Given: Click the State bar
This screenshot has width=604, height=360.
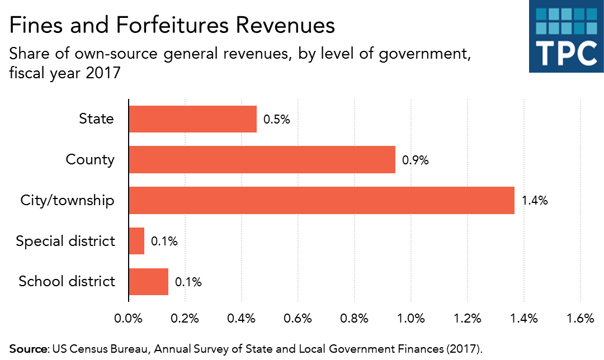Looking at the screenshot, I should [192, 119].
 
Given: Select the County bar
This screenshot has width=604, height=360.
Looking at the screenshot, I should [262, 160].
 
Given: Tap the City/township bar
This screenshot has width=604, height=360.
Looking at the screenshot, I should [321, 200].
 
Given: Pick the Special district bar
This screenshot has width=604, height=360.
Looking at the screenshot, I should [136, 241].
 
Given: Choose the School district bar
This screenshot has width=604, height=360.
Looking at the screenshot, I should [148, 281].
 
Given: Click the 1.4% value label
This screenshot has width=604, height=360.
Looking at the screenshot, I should [534, 201].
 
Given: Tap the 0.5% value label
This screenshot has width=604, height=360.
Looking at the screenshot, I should [277, 120].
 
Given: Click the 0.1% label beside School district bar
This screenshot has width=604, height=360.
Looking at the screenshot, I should [188, 282].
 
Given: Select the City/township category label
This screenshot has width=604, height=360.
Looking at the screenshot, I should [67, 200].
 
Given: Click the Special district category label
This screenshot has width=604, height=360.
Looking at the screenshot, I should [65, 241].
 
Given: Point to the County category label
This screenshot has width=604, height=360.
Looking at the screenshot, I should [89, 160].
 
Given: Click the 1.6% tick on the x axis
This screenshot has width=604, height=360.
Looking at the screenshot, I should [580, 319].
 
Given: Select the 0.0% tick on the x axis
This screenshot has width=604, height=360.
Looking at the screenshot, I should [129, 319].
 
